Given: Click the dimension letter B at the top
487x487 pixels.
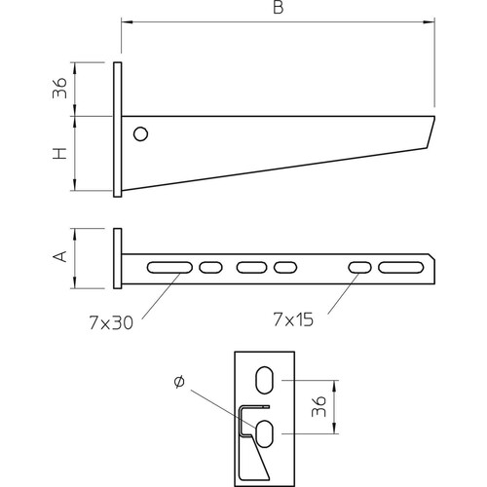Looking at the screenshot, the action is pyautogui.click(x=279, y=8).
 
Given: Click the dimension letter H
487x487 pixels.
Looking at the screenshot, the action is pyautogui.click(x=60, y=153).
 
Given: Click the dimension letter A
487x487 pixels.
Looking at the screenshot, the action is pyautogui.click(x=60, y=256).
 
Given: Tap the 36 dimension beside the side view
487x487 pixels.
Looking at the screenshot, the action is pyautogui.click(x=59, y=88).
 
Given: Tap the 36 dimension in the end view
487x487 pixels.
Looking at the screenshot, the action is pyautogui.click(x=318, y=406).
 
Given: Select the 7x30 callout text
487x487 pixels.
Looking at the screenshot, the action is pyautogui.click(x=111, y=323).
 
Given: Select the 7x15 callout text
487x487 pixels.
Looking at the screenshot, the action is pyautogui.click(x=293, y=319).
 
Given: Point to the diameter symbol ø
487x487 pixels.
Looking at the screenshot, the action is pyautogui.click(x=179, y=382).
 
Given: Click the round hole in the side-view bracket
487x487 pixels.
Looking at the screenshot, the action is pyautogui.click(x=140, y=133).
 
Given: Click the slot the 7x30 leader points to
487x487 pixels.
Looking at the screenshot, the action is pyautogui.click(x=169, y=268).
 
